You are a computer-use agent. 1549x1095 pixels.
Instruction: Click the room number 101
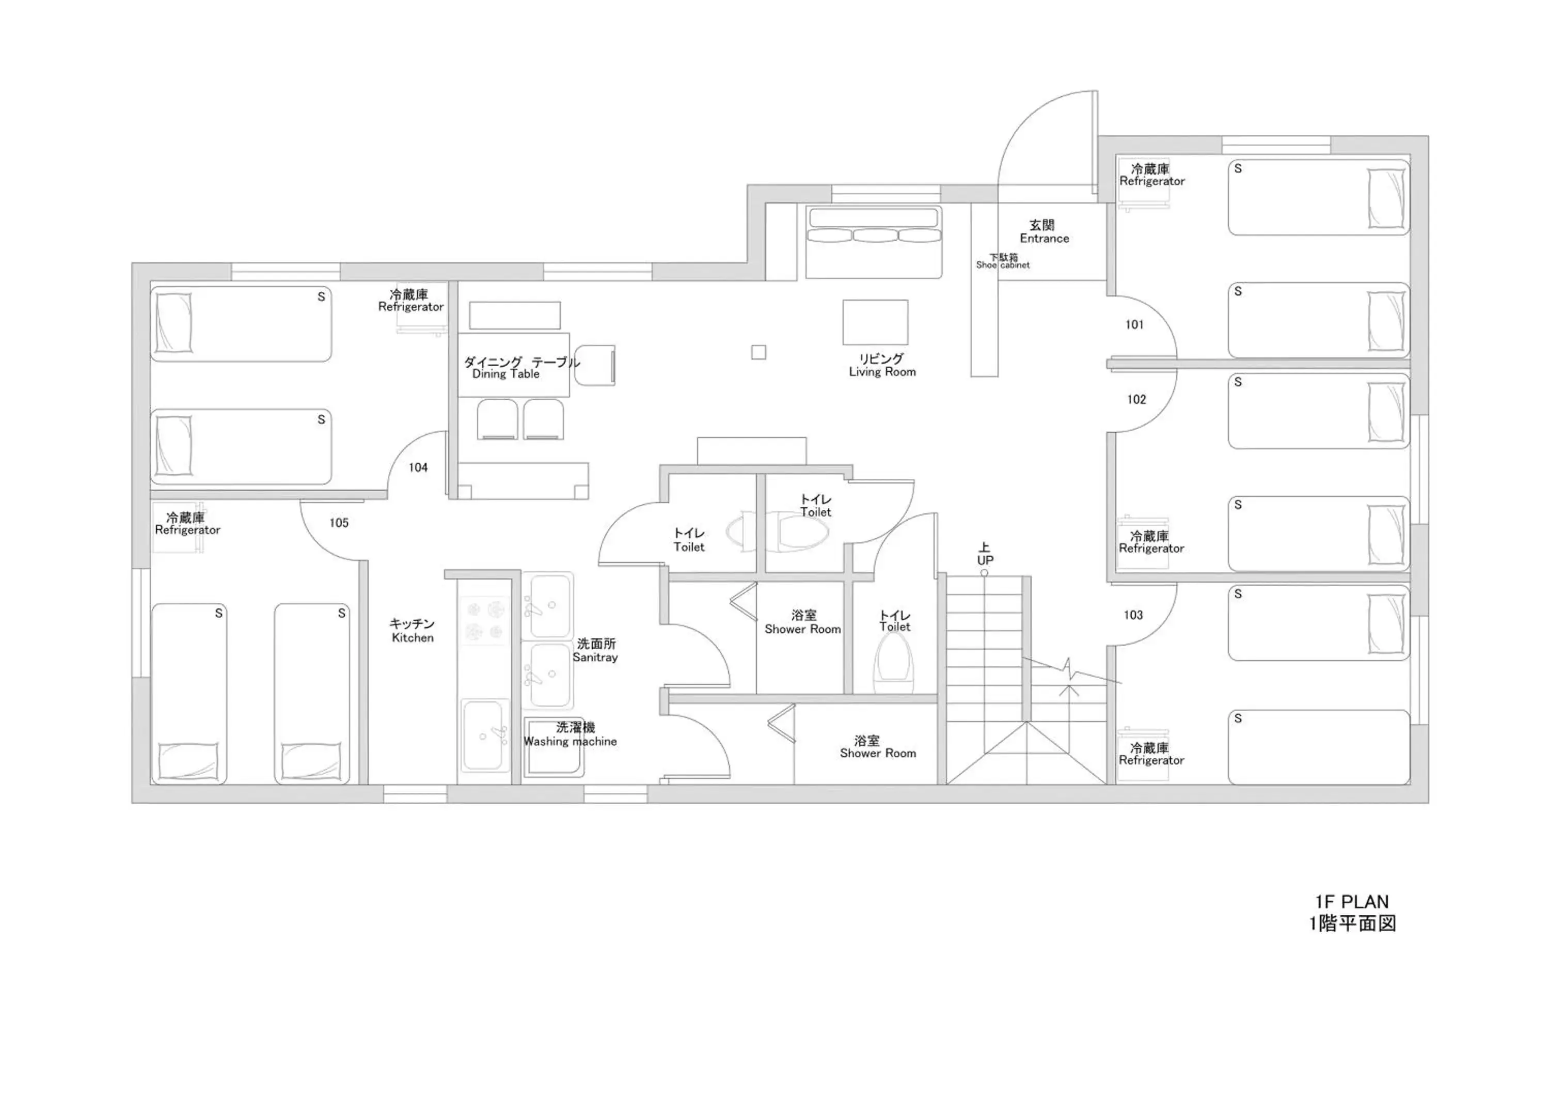[x=1135, y=324]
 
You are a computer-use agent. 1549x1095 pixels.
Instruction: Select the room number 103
[x=1133, y=615]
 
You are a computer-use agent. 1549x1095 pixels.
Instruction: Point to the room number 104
[x=418, y=467]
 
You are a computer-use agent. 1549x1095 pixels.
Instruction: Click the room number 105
[x=339, y=522]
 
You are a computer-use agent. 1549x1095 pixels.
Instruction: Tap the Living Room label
[x=882, y=372]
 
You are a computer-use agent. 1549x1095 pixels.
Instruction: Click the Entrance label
[x=1045, y=238]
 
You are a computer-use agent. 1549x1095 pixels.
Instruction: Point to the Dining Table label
[x=506, y=374]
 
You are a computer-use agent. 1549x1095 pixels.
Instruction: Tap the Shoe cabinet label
[x=1003, y=265]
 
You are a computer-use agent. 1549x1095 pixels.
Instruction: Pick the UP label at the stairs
[x=985, y=560]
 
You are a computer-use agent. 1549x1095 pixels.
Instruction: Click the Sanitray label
[x=595, y=657]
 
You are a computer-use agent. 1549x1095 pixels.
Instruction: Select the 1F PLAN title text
[x=1352, y=902]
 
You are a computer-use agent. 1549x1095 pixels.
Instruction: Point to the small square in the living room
[x=758, y=352]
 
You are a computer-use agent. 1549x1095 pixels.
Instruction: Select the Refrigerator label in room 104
[x=411, y=307]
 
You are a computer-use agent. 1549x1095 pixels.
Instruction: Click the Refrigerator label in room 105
[x=187, y=530]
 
